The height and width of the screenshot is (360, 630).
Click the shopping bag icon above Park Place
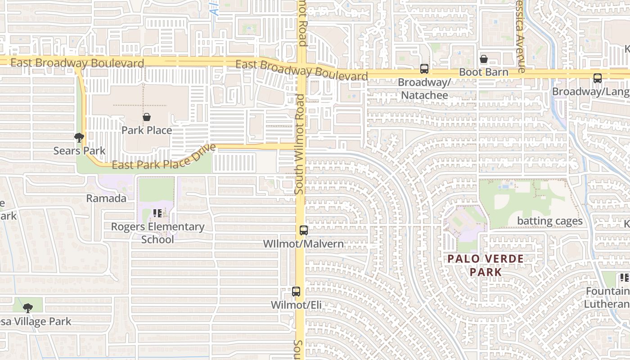coord(147,117)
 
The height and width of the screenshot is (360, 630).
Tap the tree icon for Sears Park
coord(79,137)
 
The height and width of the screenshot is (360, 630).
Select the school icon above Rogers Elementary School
coord(157,213)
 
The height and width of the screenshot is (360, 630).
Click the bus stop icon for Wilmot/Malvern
coord(304,230)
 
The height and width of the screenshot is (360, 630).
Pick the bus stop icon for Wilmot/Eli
coord(296,291)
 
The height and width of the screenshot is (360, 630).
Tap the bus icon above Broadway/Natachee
coord(424,69)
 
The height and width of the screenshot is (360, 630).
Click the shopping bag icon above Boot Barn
coord(484,59)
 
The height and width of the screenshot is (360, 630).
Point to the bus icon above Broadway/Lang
coord(598,78)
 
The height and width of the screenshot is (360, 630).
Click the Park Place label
coord(147,130)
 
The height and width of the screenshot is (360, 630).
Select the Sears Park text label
coord(79,151)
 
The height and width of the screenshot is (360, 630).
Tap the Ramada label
coord(106,198)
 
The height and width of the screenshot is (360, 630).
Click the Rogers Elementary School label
coord(157,233)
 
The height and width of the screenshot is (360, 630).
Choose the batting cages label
coord(550,221)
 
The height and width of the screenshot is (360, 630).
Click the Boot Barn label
coord(484,72)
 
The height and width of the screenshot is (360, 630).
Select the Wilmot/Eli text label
coord(296,305)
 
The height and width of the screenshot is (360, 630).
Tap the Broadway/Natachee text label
coord(424,89)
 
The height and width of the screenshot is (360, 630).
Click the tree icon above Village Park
coord(28,308)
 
